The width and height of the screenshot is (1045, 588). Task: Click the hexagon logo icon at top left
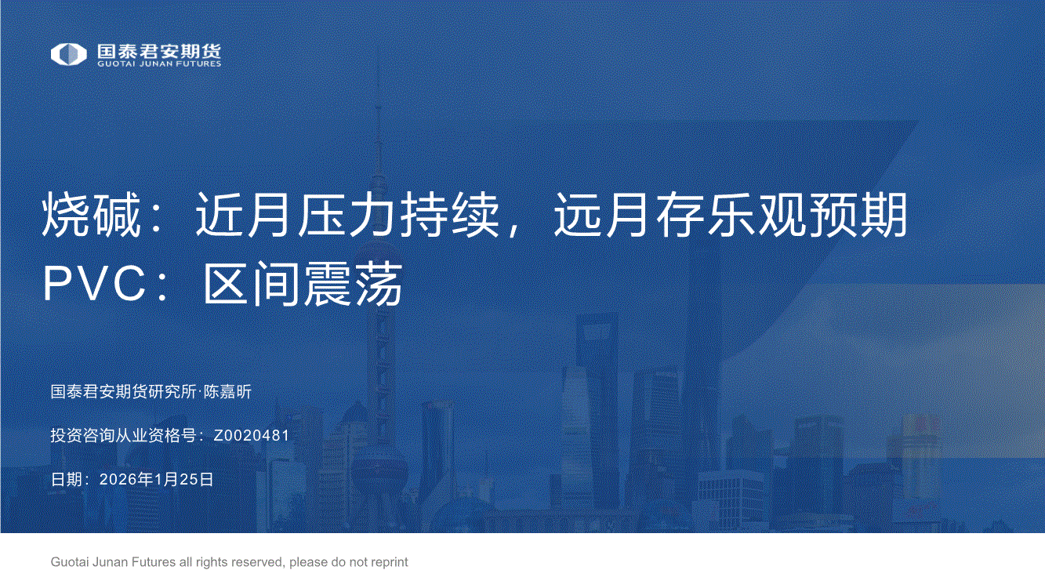69,54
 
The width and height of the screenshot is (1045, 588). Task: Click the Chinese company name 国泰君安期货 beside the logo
159,51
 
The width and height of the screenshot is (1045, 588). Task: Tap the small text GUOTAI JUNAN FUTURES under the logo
159,64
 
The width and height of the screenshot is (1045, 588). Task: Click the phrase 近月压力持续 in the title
347,216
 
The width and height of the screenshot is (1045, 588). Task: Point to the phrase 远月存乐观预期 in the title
731,216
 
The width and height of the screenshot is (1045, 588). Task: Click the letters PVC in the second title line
95,284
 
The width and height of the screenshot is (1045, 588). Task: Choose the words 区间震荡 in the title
303,284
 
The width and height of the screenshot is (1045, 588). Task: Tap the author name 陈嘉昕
227,392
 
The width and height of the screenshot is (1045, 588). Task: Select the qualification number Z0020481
251,435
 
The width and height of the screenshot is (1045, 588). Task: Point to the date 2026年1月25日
157,479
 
